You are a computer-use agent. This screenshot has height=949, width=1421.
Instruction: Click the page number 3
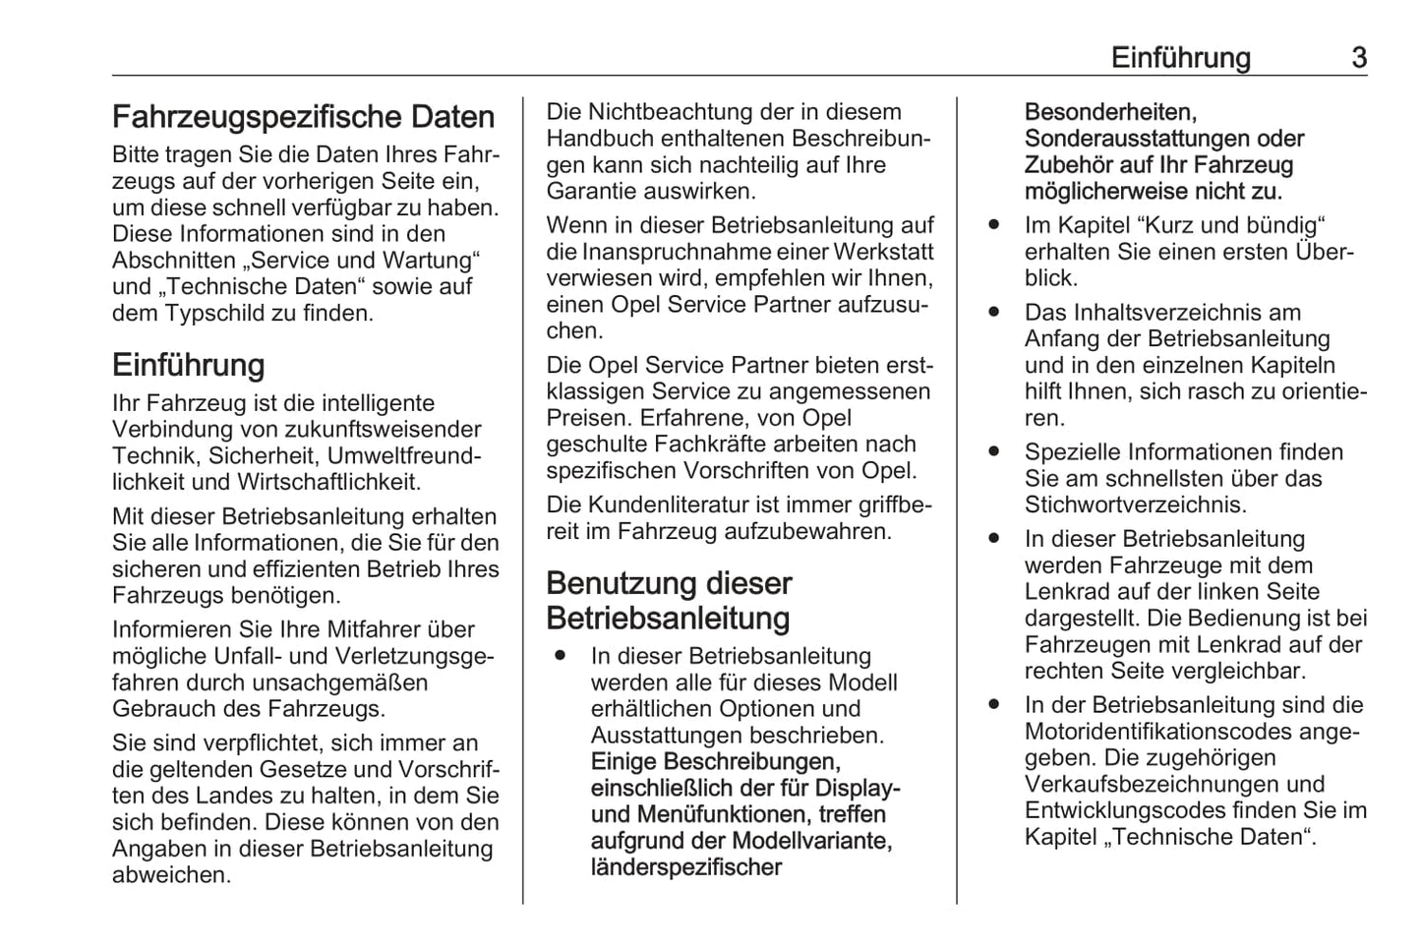pyautogui.click(x=1358, y=58)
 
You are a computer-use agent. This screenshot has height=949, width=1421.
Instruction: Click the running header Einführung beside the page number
pyautogui.click(x=1180, y=58)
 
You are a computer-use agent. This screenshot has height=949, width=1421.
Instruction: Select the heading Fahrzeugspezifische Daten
pyautogui.click(x=303, y=117)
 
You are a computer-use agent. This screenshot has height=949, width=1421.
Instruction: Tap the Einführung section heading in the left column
pyautogui.click(x=189, y=366)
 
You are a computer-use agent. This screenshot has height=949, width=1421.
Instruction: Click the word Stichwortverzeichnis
pyautogui.click(x=1135, y=505)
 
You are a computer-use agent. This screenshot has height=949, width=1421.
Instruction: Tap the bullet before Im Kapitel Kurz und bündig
pyautogui.click(x=995, y=225)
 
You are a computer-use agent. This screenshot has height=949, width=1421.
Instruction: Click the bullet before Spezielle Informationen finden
pyautogui.click(x=995, y=452)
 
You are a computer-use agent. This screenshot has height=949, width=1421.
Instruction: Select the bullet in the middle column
pyautogui.click(x=561, y=655)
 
